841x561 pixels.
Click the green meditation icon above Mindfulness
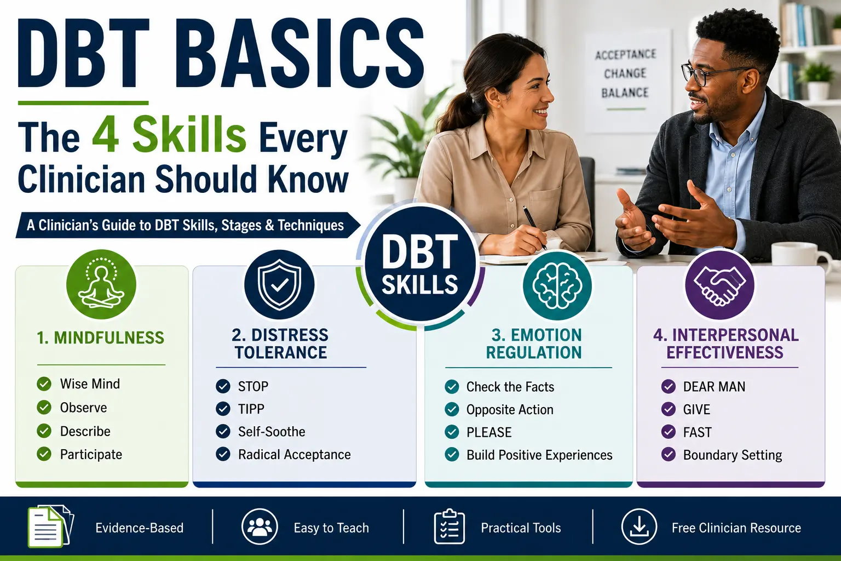(101, 284)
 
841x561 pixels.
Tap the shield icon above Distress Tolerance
(279, 284)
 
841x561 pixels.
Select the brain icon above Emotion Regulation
(557, 285)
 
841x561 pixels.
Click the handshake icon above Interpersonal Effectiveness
(720, 284)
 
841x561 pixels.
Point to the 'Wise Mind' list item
(90, 383)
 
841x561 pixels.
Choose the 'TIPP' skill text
(251, 409)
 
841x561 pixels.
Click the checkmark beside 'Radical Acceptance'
(223, 454)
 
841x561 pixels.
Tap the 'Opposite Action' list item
(510, 410)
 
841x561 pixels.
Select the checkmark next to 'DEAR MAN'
(669, 386)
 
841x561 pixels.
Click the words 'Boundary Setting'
(733, 455)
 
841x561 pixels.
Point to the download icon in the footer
(639, 526)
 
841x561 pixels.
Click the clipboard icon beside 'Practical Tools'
(450, 526)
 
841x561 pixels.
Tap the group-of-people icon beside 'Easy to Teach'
(260, 526)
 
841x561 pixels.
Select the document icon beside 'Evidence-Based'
(50, 526)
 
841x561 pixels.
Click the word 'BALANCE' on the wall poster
(625, 93)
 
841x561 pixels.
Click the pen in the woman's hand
(535, 228)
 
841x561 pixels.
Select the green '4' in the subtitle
(106, 135)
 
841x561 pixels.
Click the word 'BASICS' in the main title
(304, 53)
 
